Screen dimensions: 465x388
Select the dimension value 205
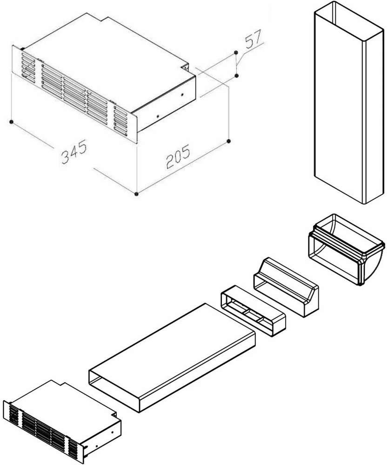tap(178, 159)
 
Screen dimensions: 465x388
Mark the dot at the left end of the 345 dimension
tap(11, 122)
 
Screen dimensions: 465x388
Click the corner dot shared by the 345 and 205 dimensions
tap(136, 193)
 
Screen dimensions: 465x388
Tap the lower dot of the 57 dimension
tap(237, 75)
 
